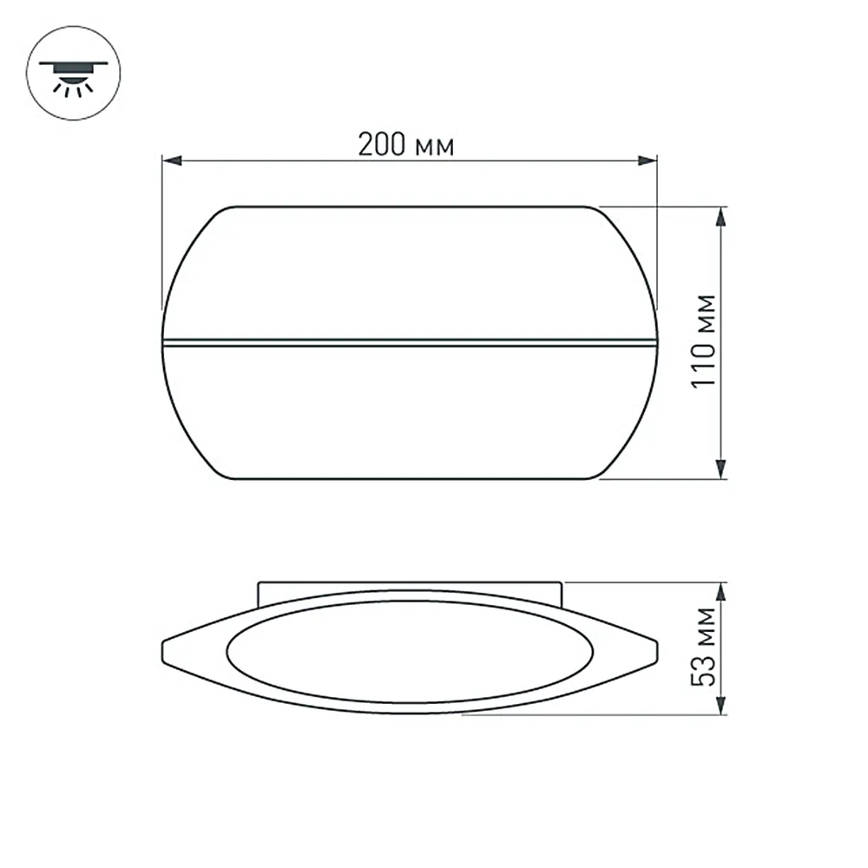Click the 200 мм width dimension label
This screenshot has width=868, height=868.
pyautogui.click(x=406, y=145)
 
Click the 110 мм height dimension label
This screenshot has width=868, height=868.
pyautogui.click(x=707, y=342)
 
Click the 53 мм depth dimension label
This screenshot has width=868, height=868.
pyautogui.click(x=707, y=647)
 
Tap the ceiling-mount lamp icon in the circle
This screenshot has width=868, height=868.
pyautogui.click(x=74, y=74)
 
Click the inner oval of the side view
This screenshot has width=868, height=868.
pyautogui.click(x=410, y=652)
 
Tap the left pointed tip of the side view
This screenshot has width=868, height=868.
pyautogui.click(x=165, y=651)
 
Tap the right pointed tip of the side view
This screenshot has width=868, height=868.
pyautogui.click(x=655, y=651)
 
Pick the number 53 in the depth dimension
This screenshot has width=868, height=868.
pyautogui.click(x=707, y=670)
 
